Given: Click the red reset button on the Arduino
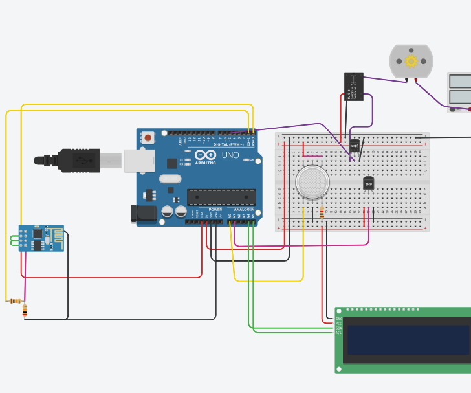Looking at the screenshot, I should click(x=149, y=137).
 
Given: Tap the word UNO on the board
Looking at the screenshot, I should click(x=231, y=155).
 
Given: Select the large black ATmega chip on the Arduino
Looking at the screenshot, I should click(x=221, y=197).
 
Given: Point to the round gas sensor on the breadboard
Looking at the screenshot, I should click(x=312, y=182).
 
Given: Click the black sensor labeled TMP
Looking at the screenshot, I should click(x=369, y=184).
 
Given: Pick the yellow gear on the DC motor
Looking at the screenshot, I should click(x=411, y=62).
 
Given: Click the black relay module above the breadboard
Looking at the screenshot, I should click(x=354, y=87).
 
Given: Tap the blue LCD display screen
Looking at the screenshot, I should click(x=408, y=339).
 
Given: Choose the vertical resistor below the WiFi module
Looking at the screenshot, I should click(x=25, y=311).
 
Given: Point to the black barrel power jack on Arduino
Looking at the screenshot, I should click(x=144, y=214).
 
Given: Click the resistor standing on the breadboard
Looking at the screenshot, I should click(x=322, y=212).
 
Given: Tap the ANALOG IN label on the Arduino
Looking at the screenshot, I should click(x=244, y=210).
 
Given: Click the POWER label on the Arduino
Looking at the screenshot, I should click(x=215, y=210).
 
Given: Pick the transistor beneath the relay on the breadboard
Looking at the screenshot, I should click(x=355, y=146).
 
